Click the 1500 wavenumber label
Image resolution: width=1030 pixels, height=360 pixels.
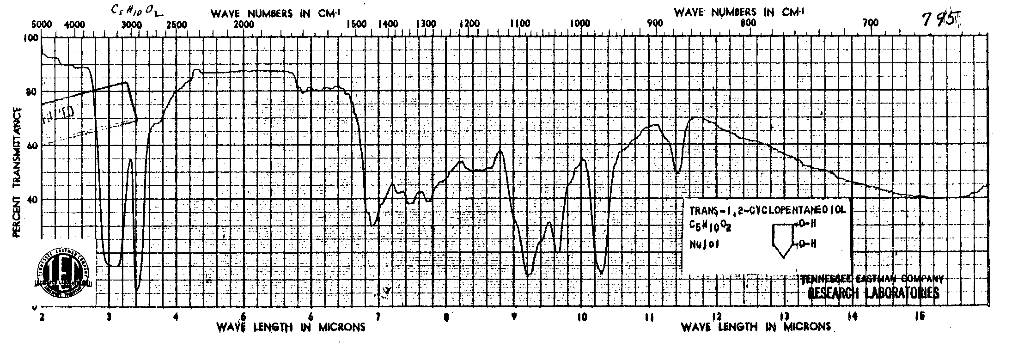[x=357, y=25]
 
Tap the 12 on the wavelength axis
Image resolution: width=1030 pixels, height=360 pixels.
[x=717, y=317]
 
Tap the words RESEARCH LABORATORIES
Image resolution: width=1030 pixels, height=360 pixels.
[x=873, y=293]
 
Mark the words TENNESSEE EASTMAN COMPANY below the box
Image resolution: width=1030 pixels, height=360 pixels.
[x=872, y=279]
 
